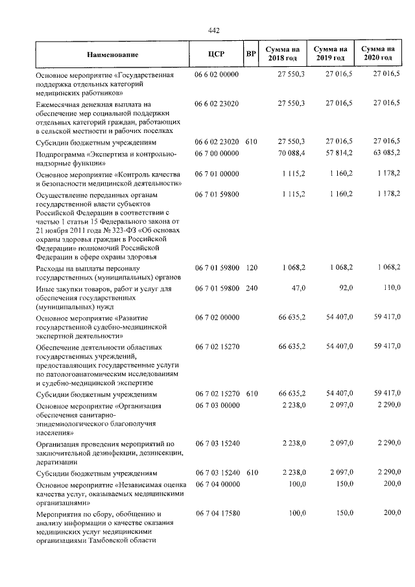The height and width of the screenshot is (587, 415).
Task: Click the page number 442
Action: [215, 30]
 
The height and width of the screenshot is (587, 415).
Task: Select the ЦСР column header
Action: [217, 54]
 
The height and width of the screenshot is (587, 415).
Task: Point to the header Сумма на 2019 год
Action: [330, 54]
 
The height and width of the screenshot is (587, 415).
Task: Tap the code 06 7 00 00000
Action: [217, 153]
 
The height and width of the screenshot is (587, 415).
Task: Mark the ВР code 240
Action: [252, 289]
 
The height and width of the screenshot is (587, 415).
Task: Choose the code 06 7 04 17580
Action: [217, 514]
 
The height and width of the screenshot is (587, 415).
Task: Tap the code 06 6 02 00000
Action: [217, 75]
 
